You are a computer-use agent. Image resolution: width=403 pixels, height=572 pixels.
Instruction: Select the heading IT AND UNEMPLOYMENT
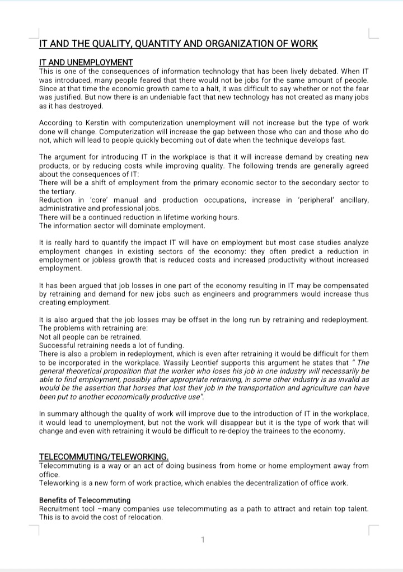click(x=86, y=63)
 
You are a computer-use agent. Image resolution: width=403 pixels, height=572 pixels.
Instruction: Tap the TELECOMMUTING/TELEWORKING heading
click(x=104, y=457)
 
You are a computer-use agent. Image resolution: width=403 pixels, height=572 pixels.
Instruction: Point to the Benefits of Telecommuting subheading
click(x=85, y=500)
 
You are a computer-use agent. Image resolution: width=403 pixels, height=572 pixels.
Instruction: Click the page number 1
click(x=203, y=540)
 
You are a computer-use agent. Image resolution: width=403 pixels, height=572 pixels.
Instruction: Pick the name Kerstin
click(x=96, y=123)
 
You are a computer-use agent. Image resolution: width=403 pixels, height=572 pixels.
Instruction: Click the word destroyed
click(x=86, y=105)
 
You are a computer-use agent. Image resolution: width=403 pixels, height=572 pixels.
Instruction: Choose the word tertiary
click(x=63, y=191)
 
